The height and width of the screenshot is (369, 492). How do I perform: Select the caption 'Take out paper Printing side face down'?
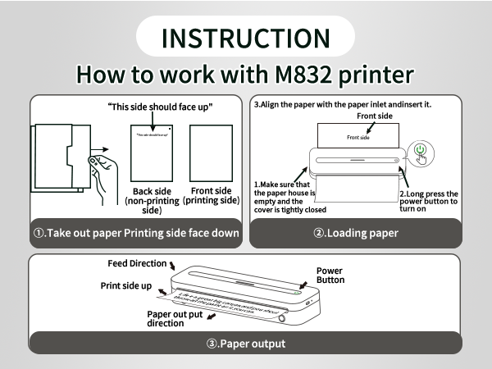point(136,233)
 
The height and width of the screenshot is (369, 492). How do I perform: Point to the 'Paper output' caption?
point(246,343)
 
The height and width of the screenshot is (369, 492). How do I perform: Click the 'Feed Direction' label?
point(136,264)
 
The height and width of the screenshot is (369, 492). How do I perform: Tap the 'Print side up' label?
point(125,285)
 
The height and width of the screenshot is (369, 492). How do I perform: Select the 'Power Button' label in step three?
point(330,275)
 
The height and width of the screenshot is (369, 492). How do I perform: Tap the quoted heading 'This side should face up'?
point(161,107)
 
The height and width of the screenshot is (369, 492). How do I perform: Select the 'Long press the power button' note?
point(428,202)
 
